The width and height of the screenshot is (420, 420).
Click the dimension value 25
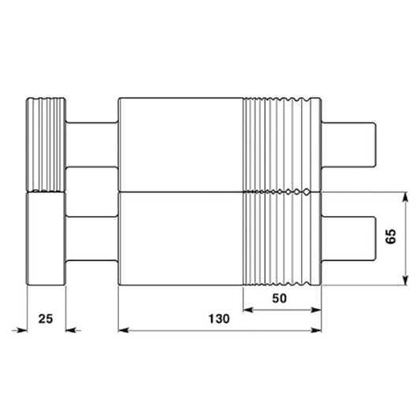46,318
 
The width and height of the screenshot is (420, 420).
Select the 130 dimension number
219,319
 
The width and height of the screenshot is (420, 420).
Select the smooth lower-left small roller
46,239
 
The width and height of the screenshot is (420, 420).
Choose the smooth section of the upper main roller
180,144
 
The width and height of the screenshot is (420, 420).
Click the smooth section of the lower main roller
180,239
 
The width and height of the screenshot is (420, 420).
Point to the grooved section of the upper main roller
282,144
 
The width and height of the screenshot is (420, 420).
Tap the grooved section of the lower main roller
282,239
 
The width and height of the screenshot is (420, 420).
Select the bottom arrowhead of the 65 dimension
404,281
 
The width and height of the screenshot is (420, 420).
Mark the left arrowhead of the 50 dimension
247,310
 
